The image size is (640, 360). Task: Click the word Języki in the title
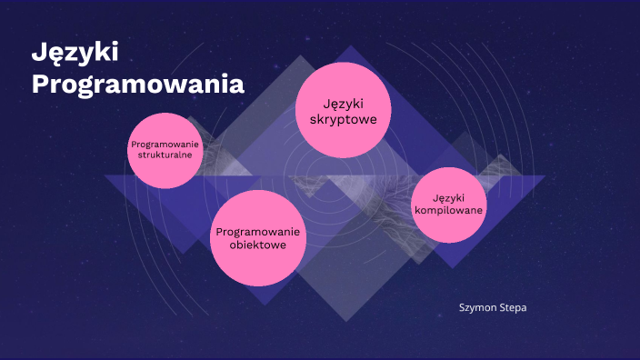(69, 54)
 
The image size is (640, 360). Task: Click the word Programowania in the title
(138, 85)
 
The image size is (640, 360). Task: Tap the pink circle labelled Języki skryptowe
(343, 109)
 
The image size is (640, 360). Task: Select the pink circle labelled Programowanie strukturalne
(165, 150)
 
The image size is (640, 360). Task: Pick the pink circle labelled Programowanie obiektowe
(258, 238)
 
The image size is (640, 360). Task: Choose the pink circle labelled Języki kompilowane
(448, 205)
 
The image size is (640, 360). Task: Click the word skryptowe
(343, 119)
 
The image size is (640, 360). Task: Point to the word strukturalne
(165, 155)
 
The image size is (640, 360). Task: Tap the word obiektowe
(258, 245)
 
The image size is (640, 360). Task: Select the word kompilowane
(448, 211)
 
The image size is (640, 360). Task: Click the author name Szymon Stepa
(493, 308)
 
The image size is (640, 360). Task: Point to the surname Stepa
(512, 308)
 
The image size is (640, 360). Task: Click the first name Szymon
(476, 308)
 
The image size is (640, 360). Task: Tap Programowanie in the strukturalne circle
(165, 144)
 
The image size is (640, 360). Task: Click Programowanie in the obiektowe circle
(258, 232)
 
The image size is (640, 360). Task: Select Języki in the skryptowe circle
(343, 102)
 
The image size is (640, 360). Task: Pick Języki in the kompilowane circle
(448, 198)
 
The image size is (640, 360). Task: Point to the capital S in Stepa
(500, 308)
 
